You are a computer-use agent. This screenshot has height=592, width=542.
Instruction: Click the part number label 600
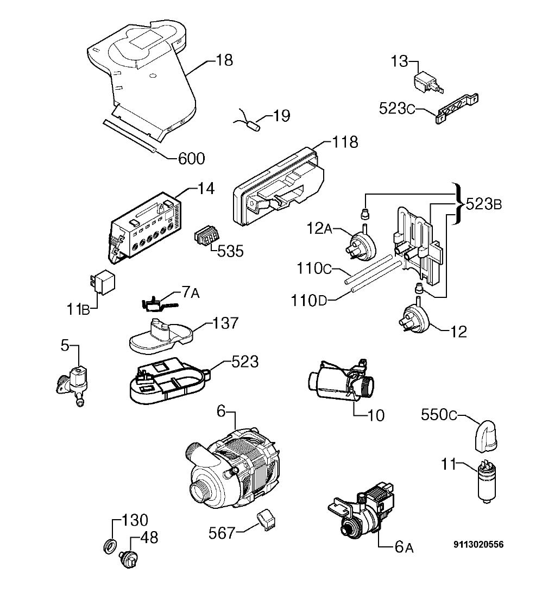click(191, 159)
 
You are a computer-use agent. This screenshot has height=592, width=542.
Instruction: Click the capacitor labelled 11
click(487, 481)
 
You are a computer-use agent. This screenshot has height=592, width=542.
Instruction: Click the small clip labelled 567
click(266, 521)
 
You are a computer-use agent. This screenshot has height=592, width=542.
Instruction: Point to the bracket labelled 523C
click(457, 109)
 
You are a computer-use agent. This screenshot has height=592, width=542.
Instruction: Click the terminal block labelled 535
click(206, 236)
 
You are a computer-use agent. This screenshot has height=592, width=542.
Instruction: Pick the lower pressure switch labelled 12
click(414, 316)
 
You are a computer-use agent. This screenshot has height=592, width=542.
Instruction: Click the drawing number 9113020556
click(478, 544)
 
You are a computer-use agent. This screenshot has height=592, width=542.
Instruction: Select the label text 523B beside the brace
click(484, 204)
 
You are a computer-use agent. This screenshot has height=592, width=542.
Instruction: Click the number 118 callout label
click(345, 142)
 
